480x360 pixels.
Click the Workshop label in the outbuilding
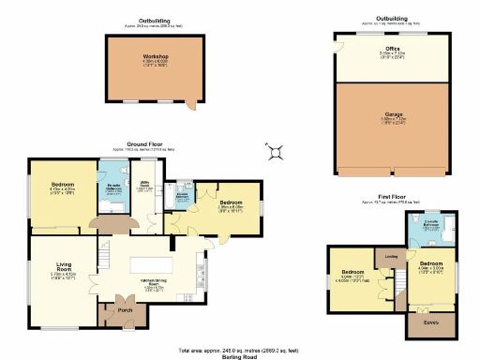155,55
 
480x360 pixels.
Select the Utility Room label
146,184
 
